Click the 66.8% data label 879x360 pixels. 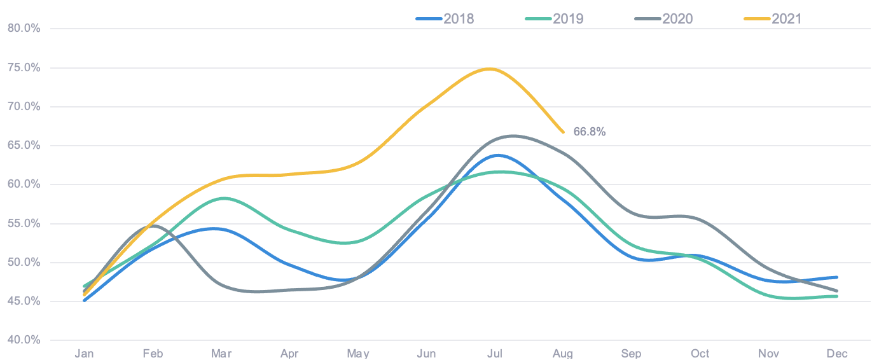point(589,132)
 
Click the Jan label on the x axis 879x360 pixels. point(85,354)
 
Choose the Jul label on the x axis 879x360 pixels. point(495,354)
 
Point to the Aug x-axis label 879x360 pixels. point(563,354)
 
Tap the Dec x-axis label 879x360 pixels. point(837,354)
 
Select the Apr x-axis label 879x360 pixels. point(289,354)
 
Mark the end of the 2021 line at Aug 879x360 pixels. point(563,132)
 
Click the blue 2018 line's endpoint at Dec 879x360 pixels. point(837,277)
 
